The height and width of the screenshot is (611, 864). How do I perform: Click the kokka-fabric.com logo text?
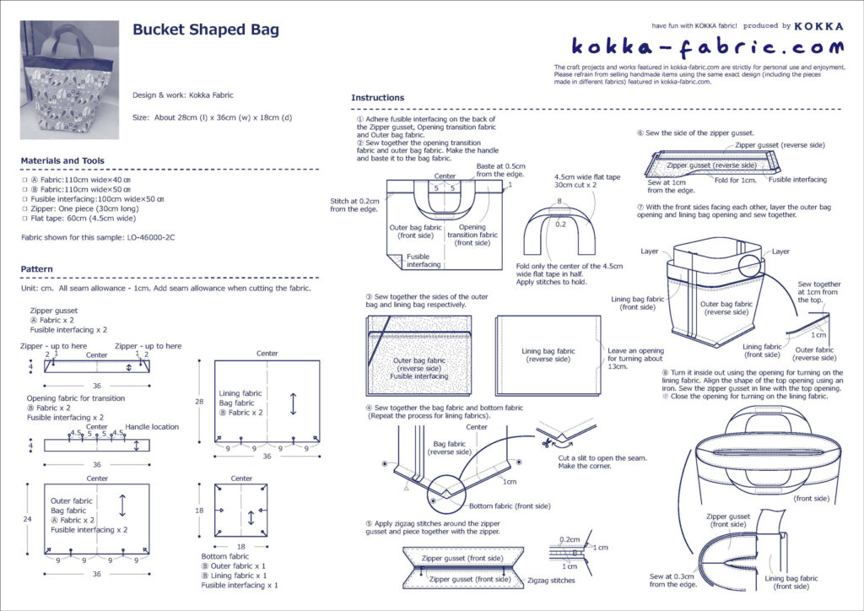pyautogui.click(x=706, y=46)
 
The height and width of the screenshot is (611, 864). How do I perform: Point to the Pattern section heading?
pyautogui.click(x=39, y=269)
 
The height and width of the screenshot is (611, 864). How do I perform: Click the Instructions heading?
pyautogui.click(x=377, y=98)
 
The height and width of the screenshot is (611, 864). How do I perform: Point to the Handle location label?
pyautogui.click(x=152, y=427)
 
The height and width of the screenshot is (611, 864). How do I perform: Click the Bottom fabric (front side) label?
pyautogui.click(x=509, y=506)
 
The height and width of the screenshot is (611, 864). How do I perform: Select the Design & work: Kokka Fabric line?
pyautogui.click(x=183, y=95)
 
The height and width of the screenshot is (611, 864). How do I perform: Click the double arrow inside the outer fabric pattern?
pyautogui.click(x=122, y=506)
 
